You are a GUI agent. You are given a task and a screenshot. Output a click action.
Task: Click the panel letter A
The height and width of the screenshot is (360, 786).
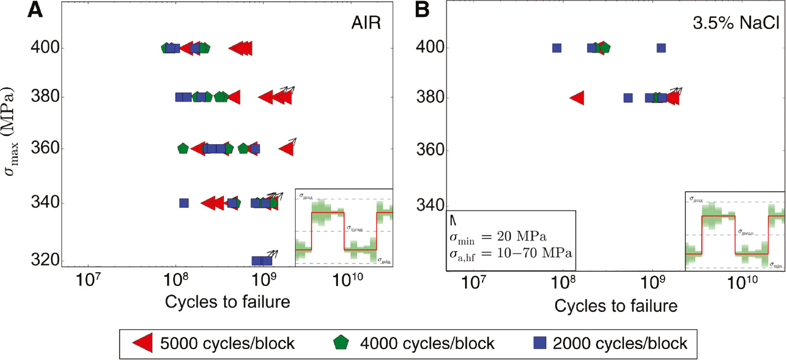[x=36, y=11]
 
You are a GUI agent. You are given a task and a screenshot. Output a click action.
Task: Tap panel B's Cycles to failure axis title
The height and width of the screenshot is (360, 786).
[x=616, y=306]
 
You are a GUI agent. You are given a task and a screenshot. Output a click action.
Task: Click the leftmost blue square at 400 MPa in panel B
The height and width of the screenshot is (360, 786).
[x=556, y=48]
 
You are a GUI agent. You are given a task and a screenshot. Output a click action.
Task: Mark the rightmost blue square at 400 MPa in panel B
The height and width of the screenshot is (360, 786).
[x=661, y=48]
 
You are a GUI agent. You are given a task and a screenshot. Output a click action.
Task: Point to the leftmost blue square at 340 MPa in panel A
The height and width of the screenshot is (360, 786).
[x=183, y=203]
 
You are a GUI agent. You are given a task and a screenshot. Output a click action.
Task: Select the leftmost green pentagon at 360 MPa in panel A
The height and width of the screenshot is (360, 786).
[x=183, y=148]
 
